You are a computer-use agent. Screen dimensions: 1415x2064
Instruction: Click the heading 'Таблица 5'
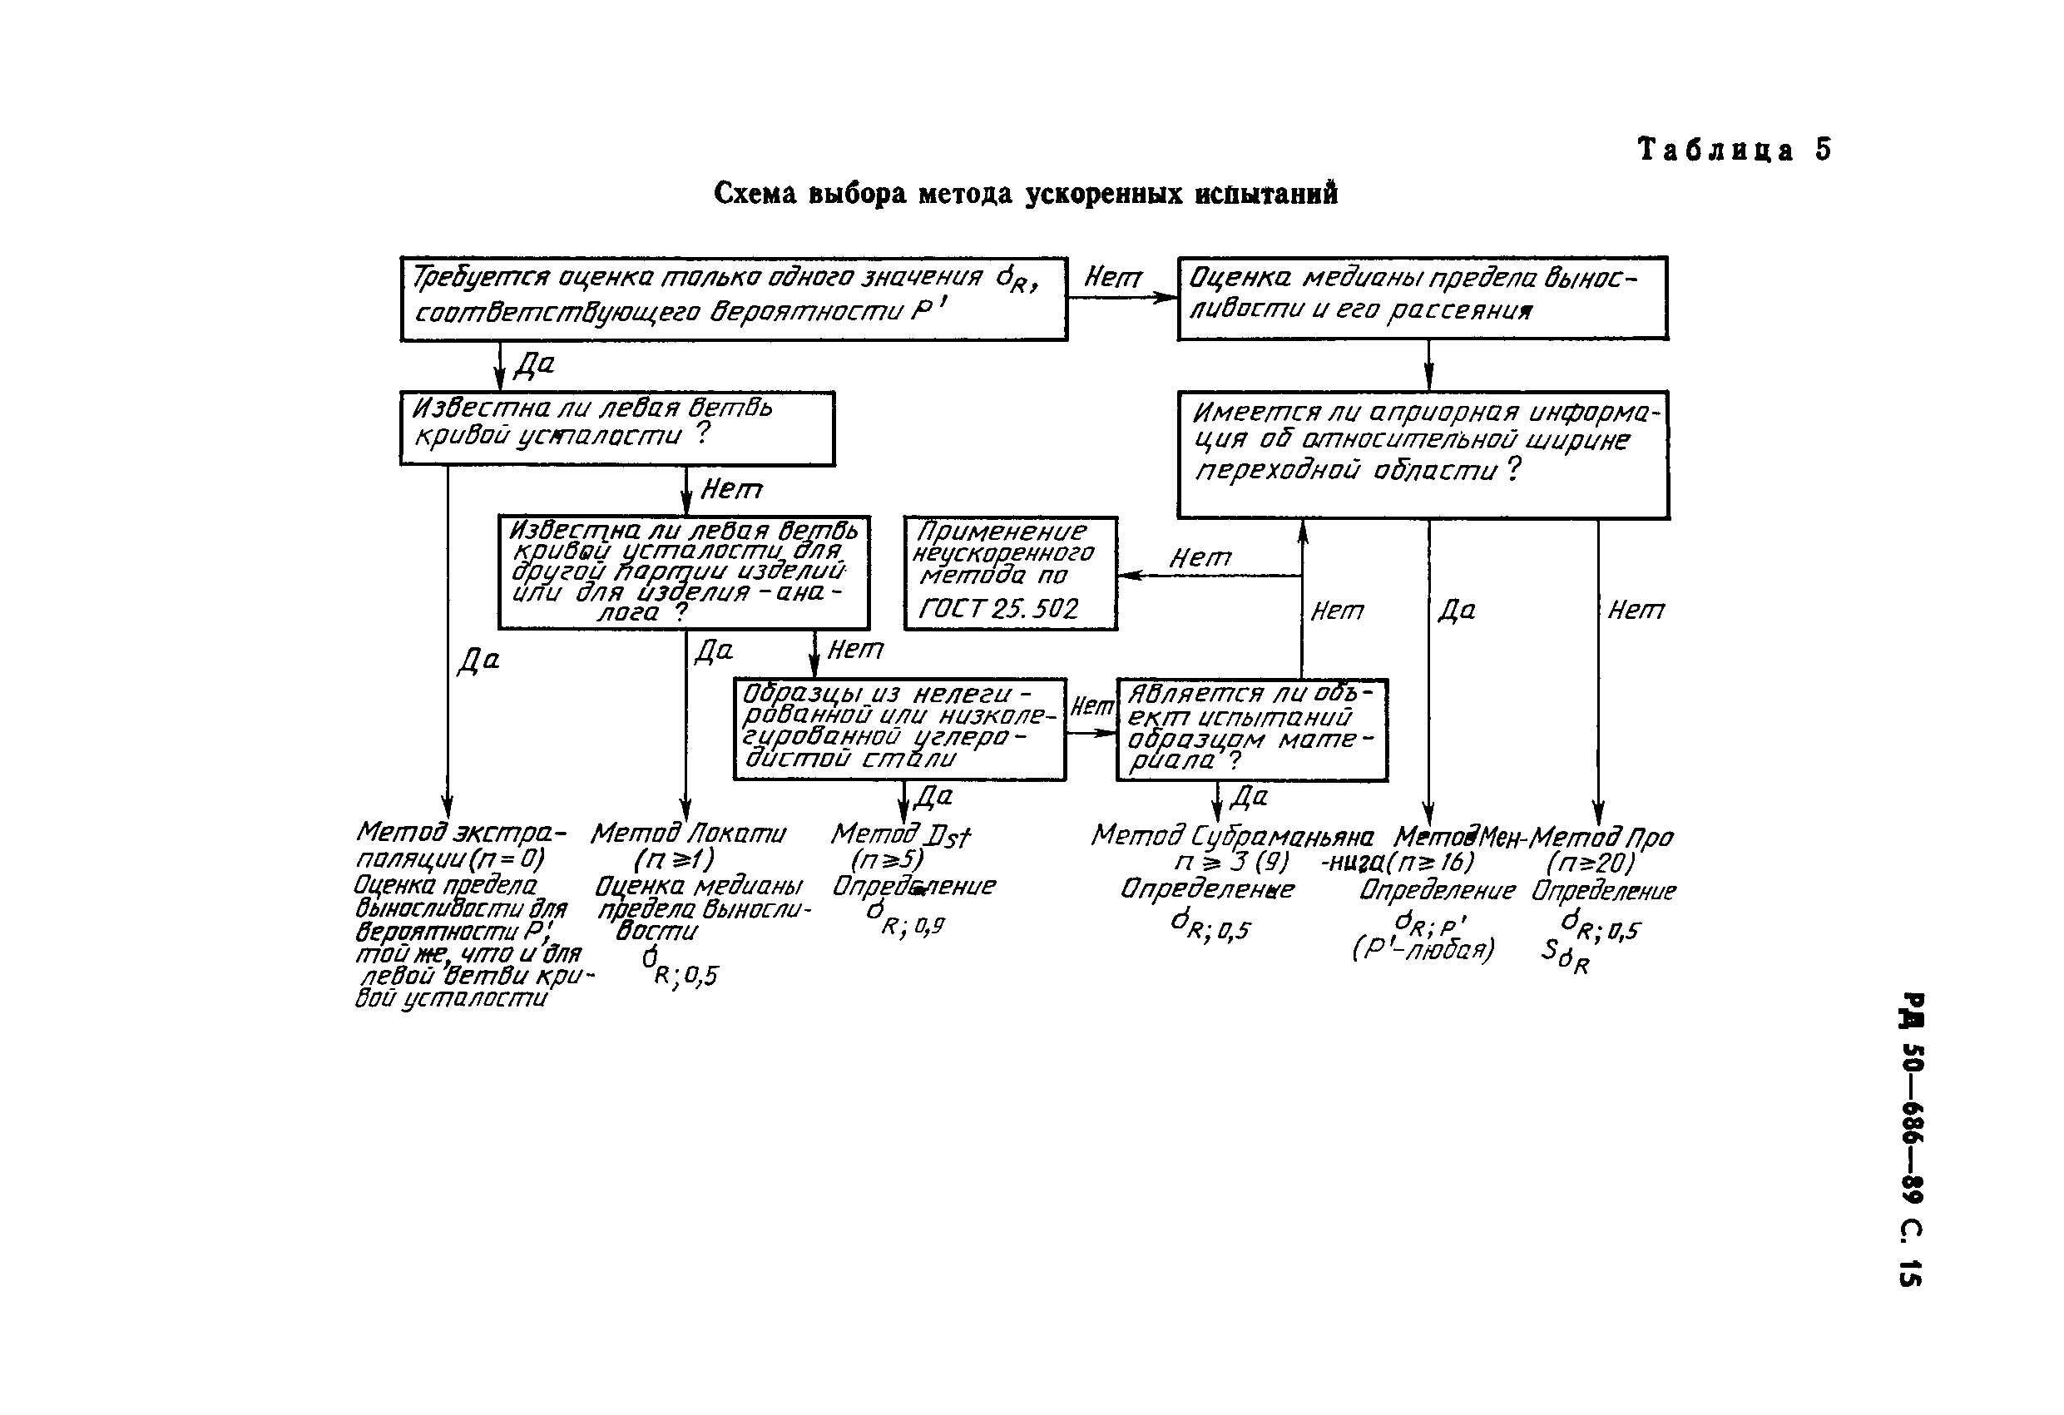1734,149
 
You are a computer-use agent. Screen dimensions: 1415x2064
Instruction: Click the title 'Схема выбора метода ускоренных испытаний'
1025,194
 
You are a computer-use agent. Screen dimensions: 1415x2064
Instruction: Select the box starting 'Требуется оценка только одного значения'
733,299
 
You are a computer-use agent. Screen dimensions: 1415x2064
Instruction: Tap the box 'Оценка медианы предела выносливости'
1422,299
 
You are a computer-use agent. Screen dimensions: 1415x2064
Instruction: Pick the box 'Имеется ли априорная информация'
1422,454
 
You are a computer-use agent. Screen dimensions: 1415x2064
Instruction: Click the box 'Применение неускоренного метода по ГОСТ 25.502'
1010,573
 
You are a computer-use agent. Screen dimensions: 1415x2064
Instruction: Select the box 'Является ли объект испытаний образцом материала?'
1250,730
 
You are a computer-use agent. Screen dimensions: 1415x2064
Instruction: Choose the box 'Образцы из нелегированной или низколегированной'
898,730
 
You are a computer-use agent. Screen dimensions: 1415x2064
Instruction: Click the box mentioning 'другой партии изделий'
683,572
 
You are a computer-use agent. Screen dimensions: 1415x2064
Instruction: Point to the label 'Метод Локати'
687,834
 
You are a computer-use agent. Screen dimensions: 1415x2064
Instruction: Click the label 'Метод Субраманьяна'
1232,836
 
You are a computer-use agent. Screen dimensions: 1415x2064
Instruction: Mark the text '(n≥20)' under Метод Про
1589,863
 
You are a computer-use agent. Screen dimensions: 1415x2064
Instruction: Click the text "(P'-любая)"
1423,949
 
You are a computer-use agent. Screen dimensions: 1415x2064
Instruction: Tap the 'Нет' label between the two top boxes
1112,278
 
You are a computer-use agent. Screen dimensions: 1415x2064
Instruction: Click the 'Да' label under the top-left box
535,364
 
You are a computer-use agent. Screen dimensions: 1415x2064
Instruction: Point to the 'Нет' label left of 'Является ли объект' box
1091,706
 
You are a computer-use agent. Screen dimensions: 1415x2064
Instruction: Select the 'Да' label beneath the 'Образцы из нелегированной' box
933,796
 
